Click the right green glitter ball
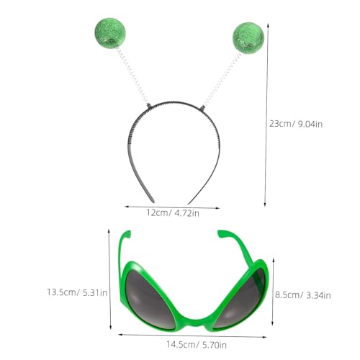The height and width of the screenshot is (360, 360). tap(248, 37)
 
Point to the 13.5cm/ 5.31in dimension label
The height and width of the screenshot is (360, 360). tap(76, 292)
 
